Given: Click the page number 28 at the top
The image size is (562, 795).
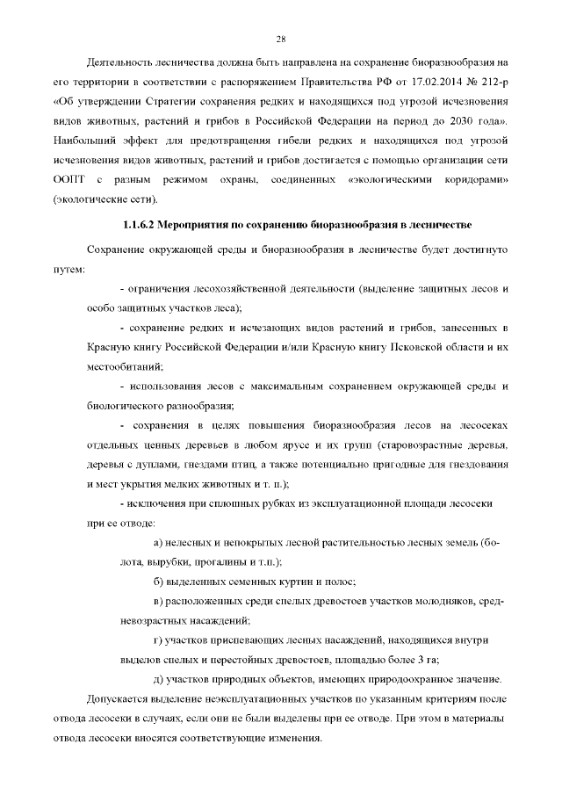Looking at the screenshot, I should (281, 39).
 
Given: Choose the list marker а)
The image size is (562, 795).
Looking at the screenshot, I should (158, 543).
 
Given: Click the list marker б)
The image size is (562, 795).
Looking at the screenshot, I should (158, 582).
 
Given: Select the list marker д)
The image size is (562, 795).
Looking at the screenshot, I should (158, 679).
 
